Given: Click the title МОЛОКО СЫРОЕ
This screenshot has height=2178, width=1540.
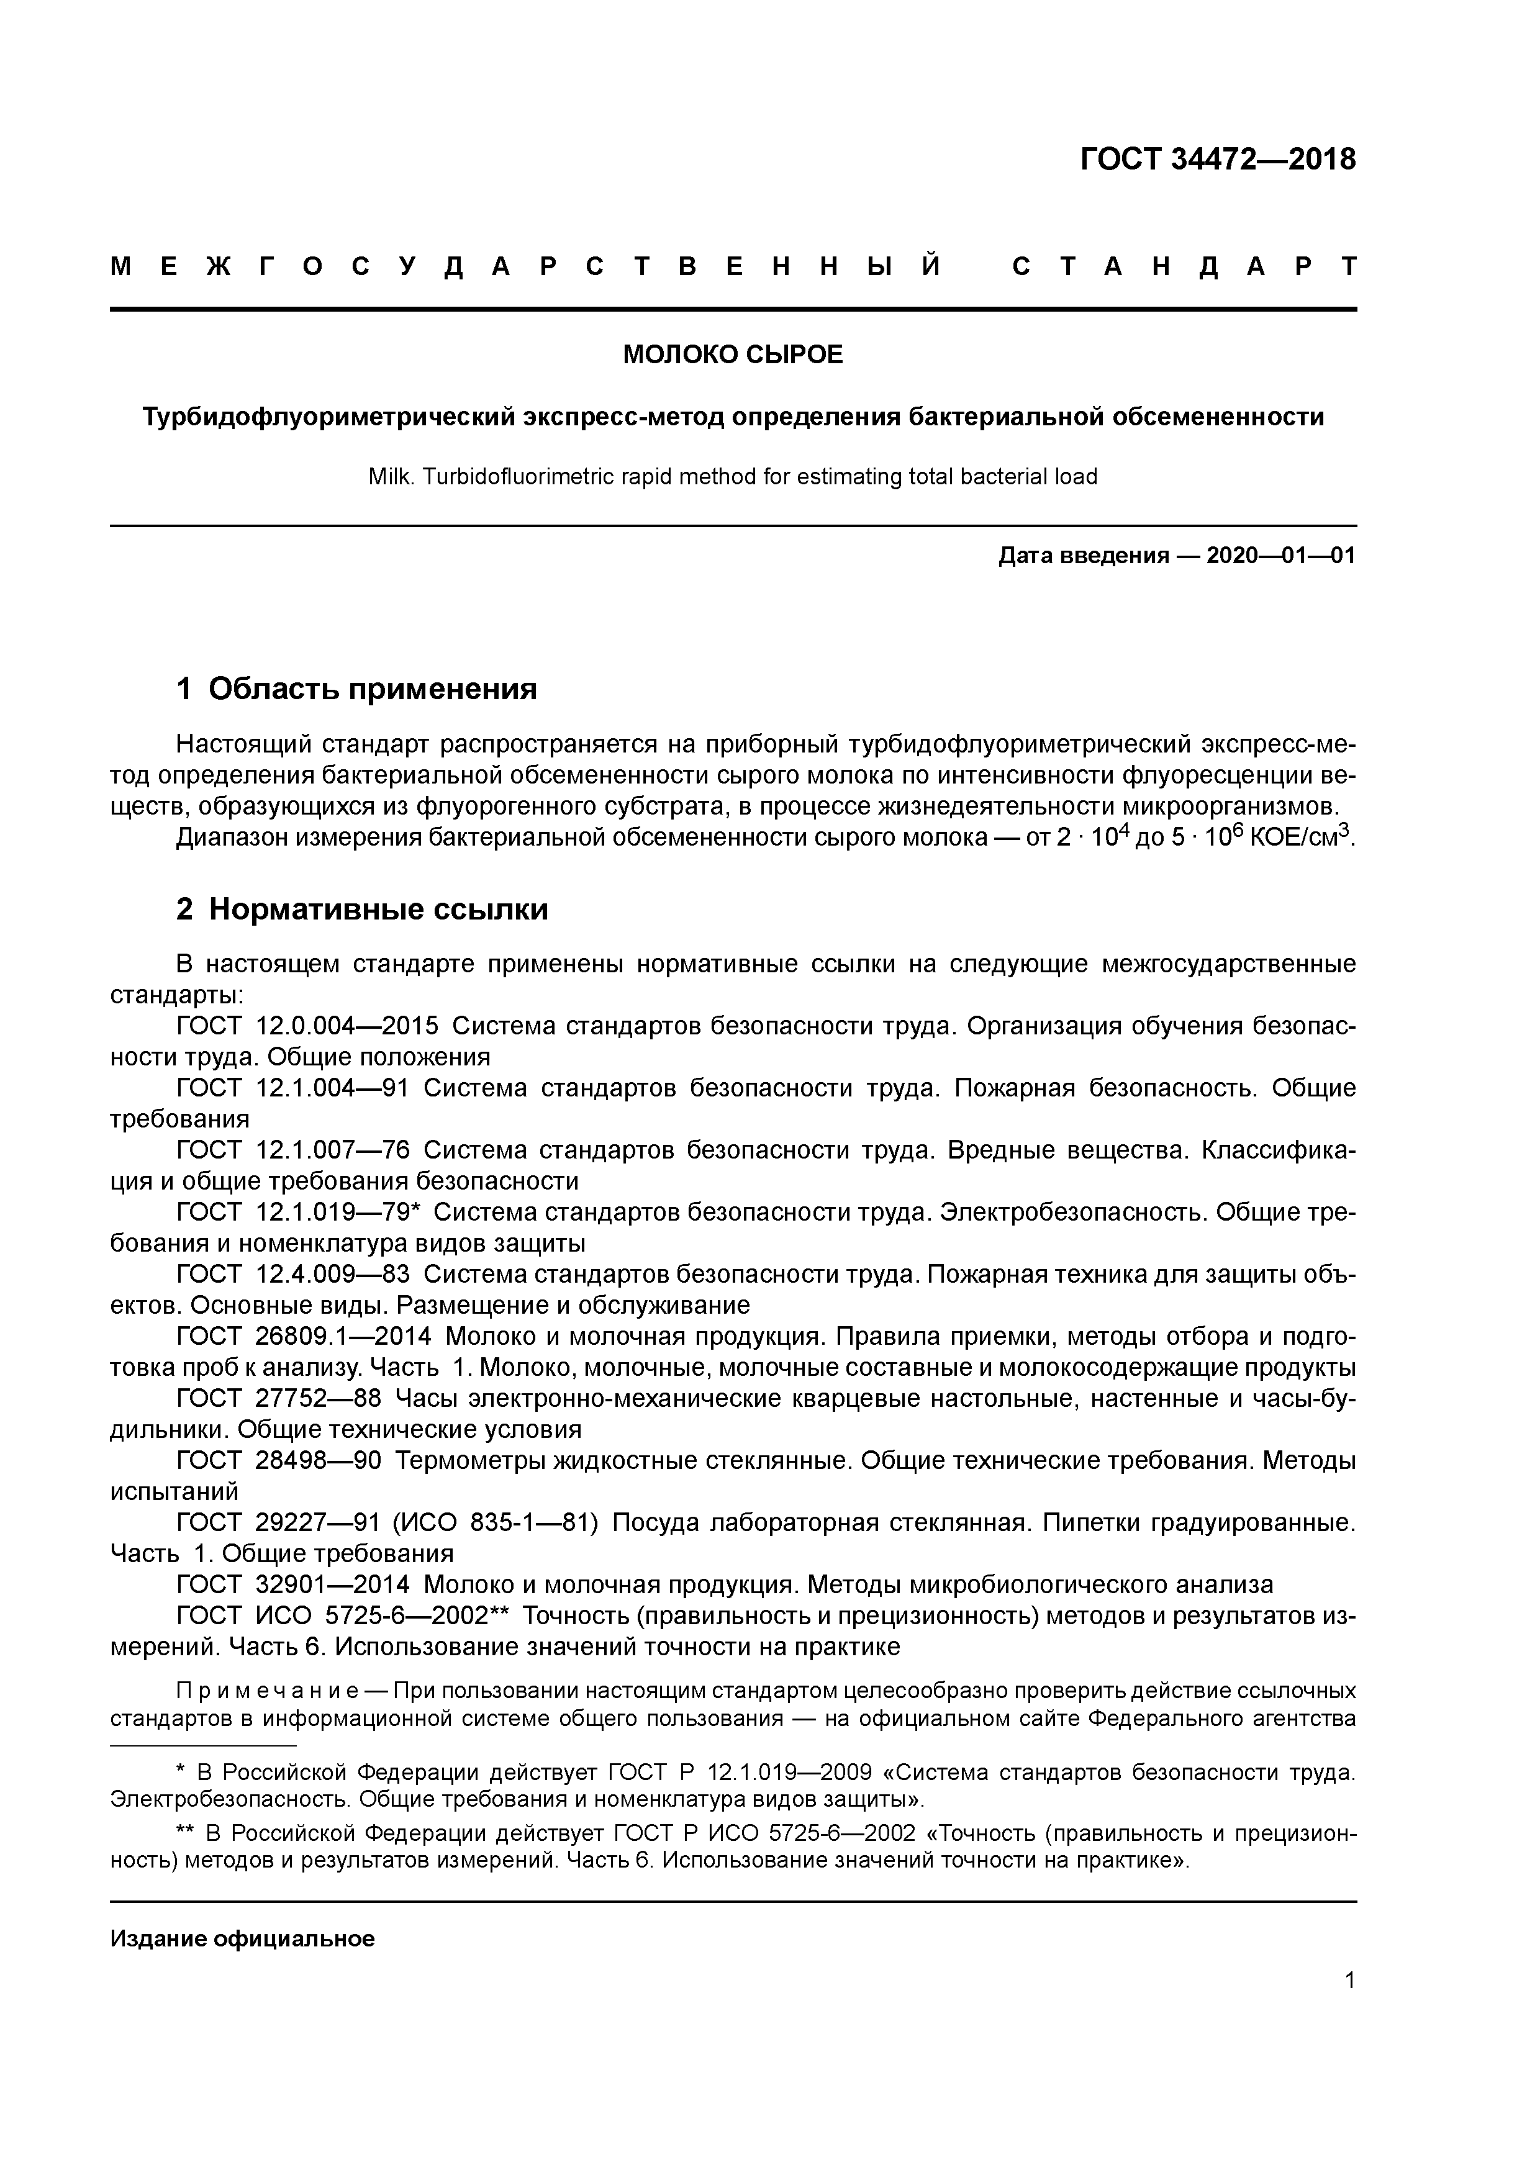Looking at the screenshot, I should [733, 355].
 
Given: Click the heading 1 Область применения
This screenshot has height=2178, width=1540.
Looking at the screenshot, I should [357, 689].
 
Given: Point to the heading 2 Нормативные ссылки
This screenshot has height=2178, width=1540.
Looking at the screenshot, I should [363, 910].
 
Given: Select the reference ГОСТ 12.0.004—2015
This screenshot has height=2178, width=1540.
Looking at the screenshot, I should [307, 1026].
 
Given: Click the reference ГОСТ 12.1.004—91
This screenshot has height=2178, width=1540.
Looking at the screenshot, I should [292, 1088].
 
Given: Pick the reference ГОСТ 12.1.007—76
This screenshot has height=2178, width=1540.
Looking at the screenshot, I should [292, 1150].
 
